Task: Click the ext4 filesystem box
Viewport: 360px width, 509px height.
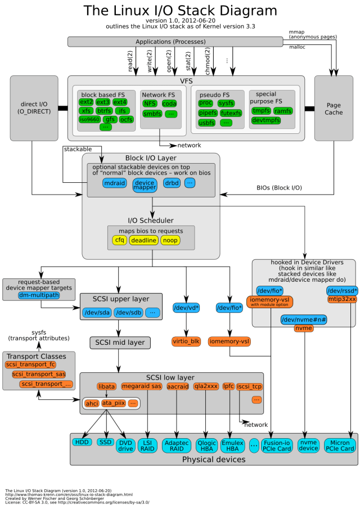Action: [x=120, y=102]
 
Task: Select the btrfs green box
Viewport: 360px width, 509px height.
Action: [x=104, y=111]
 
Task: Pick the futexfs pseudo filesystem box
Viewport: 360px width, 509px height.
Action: [x=231, y=113]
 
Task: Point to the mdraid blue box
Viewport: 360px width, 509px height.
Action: [x=115, y=183]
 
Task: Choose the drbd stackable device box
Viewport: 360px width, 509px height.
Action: [x=172, y=183]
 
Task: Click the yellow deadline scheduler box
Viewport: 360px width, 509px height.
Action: [x=144, y=240]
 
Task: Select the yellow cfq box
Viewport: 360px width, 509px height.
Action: [x=119, y=240]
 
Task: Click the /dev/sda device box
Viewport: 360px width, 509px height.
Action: [x=96, y=312]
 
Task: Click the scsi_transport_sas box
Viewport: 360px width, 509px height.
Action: [x=38, y=374]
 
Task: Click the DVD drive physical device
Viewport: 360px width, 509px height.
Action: [x=125, y=445]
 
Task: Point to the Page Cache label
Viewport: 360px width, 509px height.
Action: [x=333, y=109]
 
